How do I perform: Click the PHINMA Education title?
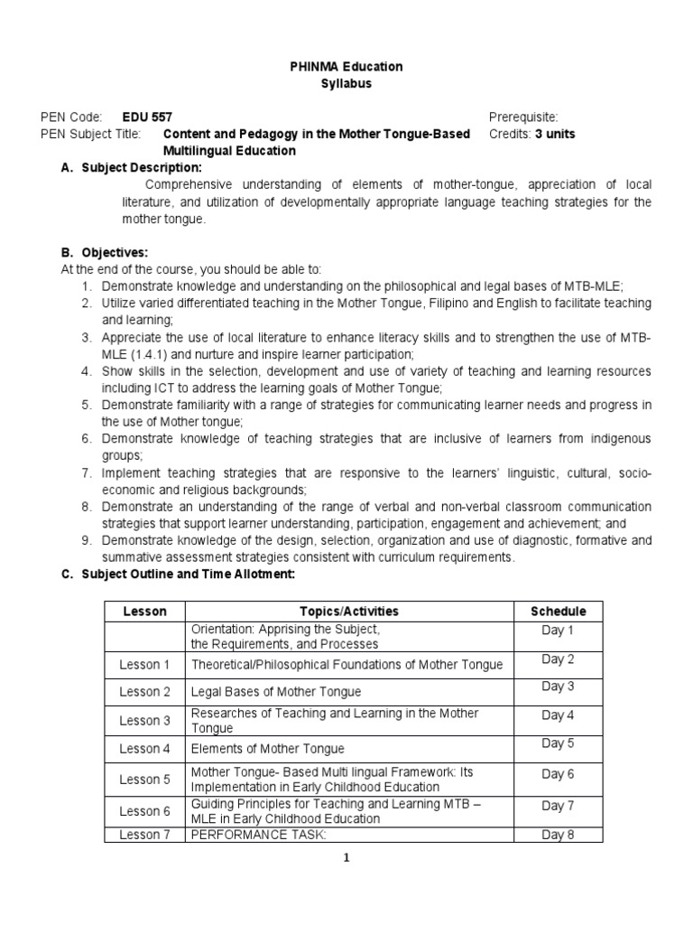coord(346,67)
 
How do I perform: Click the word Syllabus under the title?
coord(346,84)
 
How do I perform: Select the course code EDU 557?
coord(146,117)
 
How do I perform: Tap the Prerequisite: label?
coord(523,117)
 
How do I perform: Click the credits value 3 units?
coord(555,135)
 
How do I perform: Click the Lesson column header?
coord(144,612)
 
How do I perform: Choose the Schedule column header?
coord(558,612)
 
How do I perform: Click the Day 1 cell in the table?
coord(558,631)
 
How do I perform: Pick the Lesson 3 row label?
coord(144,721)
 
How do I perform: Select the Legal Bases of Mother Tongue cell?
coord(275,692)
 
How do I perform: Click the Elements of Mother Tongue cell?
coord(267,749)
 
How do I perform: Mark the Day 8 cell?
coord(558,835)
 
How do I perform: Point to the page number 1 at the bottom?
coord(346,858)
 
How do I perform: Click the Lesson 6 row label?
coord(144,811)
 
